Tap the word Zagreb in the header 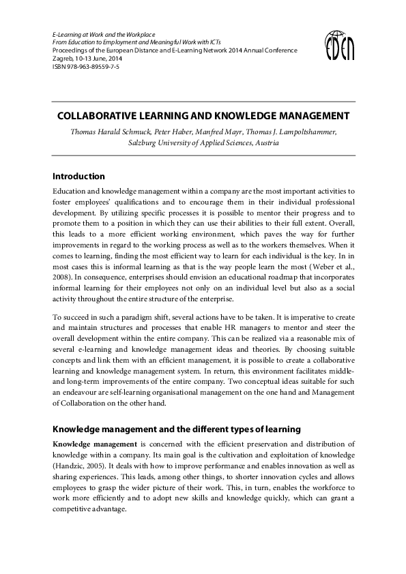click(63, 59)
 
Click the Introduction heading click(79, 177)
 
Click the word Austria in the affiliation click(265, 144)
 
